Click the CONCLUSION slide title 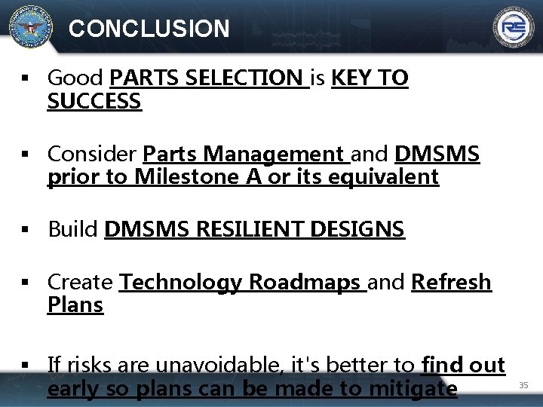149,29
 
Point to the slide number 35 523,385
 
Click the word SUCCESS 94,101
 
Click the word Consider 92,155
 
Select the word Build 73,229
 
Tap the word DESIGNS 357,229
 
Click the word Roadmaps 305,283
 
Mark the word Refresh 451,283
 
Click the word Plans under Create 75,305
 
